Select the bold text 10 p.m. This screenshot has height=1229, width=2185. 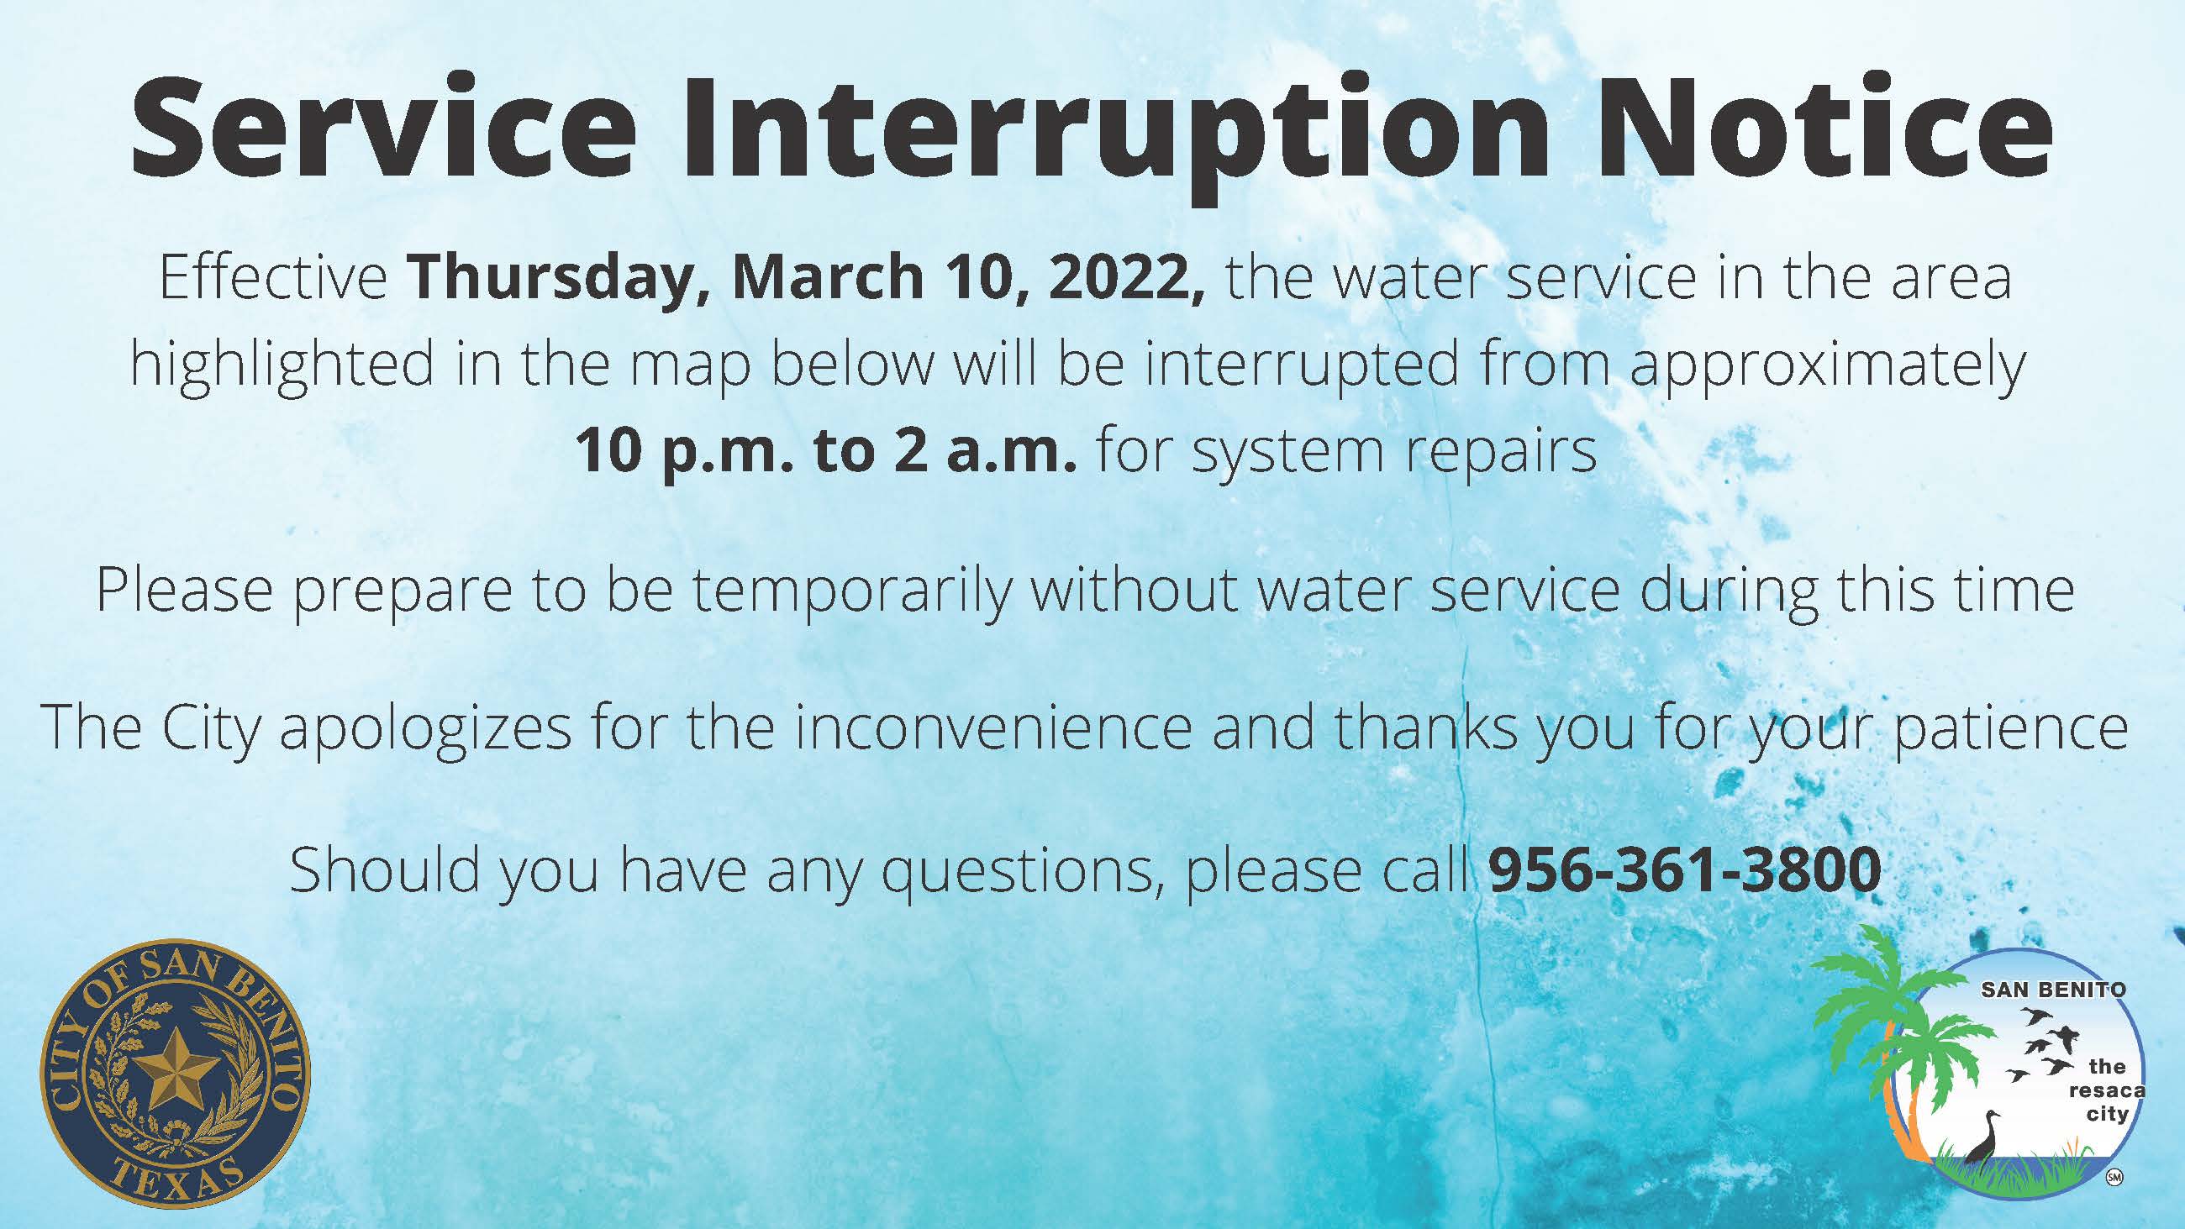pos(682,450)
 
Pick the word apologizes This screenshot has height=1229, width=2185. pos(425,728)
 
